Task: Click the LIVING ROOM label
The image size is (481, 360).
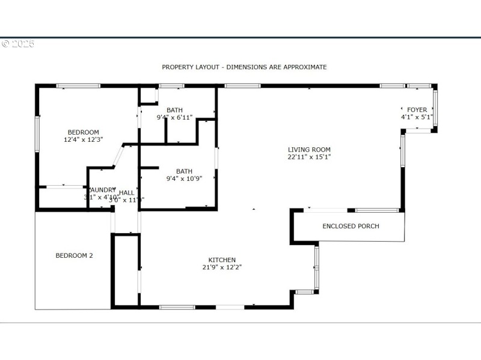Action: [x=309, y=150]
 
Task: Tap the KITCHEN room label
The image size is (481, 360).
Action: [x=222, y=260]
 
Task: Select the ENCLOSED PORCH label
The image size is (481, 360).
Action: [x=351, y=226]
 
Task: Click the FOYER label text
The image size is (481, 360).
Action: [x=417, y=110]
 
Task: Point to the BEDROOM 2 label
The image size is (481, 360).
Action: [x=74, y=255]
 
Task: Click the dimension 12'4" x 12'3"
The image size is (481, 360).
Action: [x=84, y=139]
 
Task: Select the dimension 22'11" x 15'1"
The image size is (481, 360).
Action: [x=309, y=157]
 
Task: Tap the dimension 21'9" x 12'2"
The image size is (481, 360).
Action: [x=222, y=267]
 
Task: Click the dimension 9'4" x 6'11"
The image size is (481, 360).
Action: [x=174, y=117]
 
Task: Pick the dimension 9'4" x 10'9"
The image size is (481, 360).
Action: [x=184, y=178]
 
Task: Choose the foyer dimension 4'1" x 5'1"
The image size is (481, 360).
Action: [x=417, y=117]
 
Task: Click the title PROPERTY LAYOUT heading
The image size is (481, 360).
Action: [x=244, y=67]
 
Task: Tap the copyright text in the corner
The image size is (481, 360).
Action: [x=17, y=44]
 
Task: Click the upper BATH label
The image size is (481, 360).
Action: [x=174, y=110]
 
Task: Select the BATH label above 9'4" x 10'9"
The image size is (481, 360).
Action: [x=184, y=171]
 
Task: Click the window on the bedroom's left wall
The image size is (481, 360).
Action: [x=37, y=133]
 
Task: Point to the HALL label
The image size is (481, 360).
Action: [x=126, y=192]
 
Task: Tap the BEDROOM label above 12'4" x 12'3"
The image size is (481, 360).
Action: [x=83, y=132]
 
